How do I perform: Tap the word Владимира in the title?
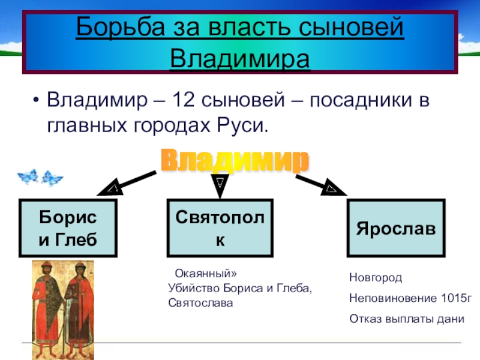click(x=240, y=58)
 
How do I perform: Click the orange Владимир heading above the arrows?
click(x=236, y=161)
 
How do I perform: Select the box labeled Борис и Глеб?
click(x=67, y=227)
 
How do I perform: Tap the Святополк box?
click(x=220, y=227)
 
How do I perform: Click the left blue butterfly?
click(x=28, y=176)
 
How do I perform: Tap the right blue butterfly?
click(x=52, y=177)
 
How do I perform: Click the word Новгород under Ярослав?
click(x=376, y=278)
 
